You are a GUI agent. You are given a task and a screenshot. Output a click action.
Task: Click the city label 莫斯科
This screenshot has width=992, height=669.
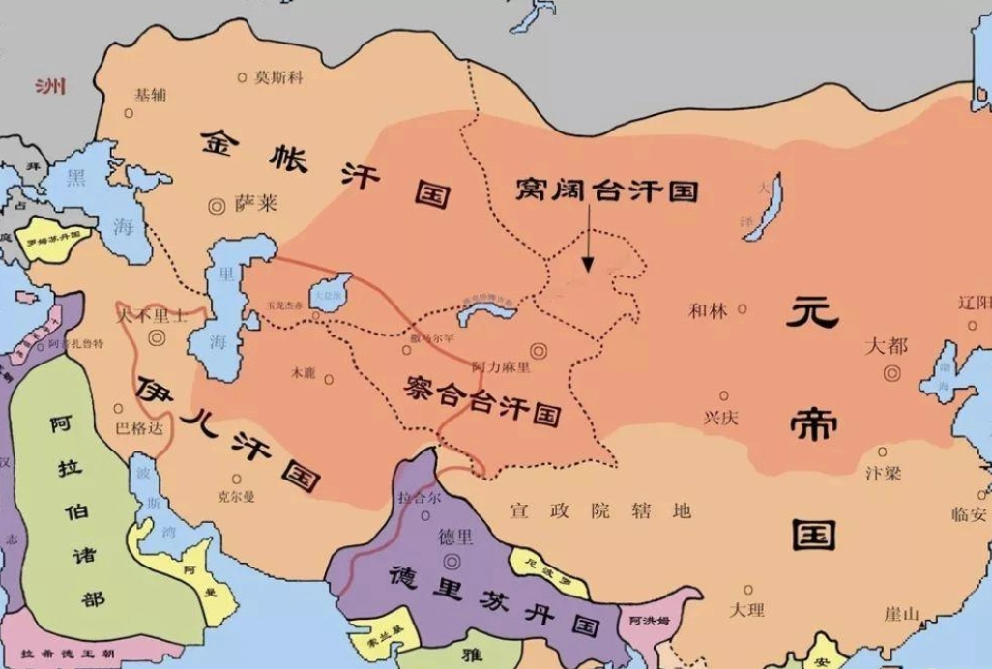click(x=277, y=76)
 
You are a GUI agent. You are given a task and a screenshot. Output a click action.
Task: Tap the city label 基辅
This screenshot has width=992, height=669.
click(x=150, y=95)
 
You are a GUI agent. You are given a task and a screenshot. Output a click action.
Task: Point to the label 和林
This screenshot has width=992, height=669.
click(x=707, y=310)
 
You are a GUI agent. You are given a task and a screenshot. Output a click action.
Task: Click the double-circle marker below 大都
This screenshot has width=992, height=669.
click(x=892, y=371)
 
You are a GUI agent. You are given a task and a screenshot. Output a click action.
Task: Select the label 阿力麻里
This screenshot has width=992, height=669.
click(x=501, y=367)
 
